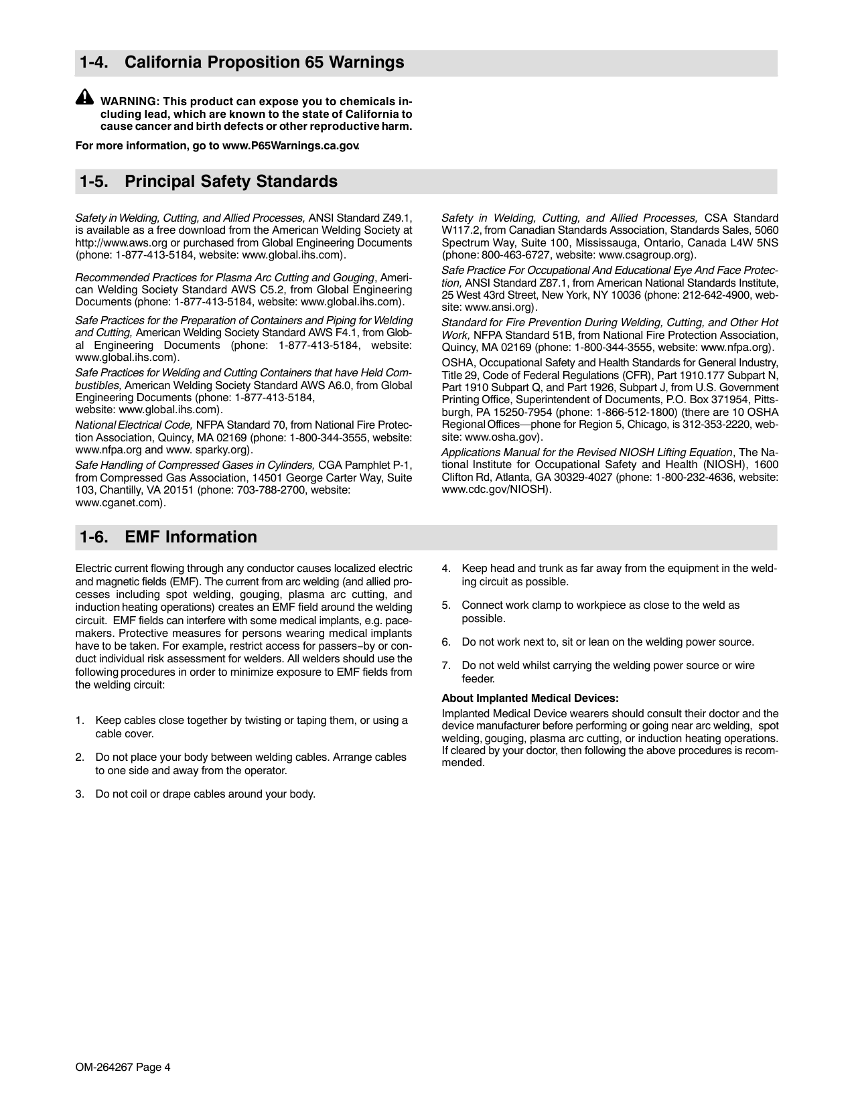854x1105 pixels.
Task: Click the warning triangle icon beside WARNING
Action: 84,97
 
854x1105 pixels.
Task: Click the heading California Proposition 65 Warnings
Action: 264,63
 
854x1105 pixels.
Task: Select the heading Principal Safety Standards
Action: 230,182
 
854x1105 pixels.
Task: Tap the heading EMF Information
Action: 190,537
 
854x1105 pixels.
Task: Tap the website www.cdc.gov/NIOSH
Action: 496,490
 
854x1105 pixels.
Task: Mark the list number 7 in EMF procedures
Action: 445,666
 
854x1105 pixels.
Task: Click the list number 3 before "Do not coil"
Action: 79,794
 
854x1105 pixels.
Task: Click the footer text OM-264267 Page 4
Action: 123,1068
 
